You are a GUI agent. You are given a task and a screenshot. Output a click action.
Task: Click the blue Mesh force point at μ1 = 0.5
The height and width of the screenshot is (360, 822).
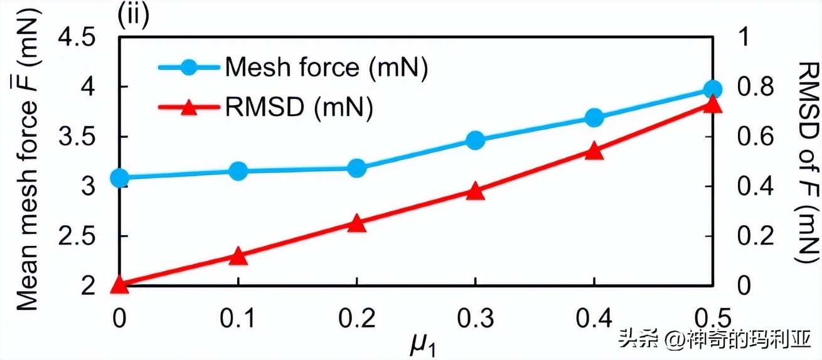click(712, 90)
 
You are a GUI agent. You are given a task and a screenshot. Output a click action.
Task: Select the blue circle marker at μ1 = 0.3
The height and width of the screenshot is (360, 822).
click(475, 140)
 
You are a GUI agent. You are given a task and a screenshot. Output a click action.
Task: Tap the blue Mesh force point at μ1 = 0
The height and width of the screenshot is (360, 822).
click(119, 178)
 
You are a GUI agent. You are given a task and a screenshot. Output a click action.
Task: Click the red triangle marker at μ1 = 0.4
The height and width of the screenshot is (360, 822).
click(594, 151)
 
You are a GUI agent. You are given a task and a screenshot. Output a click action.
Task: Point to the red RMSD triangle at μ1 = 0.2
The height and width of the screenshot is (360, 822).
click(356, 223)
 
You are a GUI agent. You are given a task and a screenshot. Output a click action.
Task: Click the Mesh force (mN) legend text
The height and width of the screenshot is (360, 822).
click(326, 67)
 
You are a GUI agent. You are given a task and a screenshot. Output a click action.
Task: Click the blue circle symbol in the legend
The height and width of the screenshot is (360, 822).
click(188, 67)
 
